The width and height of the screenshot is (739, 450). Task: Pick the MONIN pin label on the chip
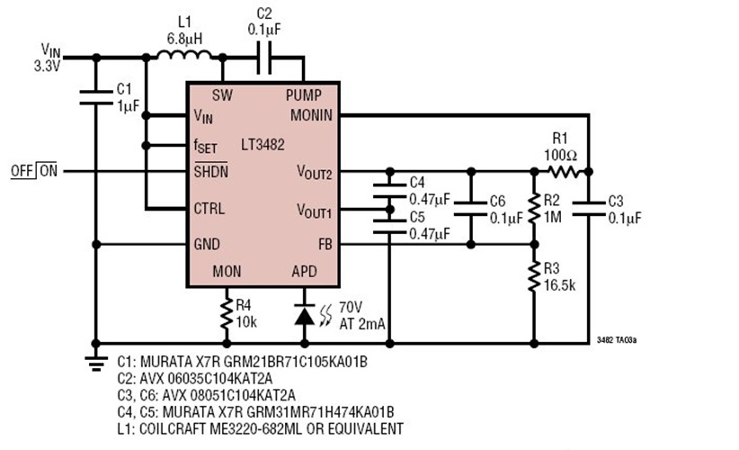coord(310,115)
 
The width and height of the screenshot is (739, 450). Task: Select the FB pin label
coord(324,243)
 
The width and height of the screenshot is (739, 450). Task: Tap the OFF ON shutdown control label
coord(33,170)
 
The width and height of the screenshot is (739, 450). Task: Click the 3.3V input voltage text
coord(47,66)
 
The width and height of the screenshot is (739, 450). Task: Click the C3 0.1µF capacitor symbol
coord(589,208)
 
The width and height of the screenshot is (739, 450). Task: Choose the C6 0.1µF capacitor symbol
coord(470,208)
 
